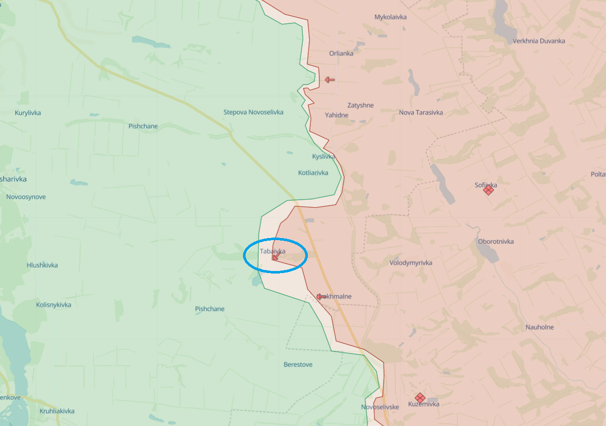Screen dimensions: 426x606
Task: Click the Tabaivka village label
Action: tap(272, 251)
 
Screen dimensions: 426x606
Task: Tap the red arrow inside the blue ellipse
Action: tap(276, 256)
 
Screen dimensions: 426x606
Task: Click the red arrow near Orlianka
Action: tap(330, 80)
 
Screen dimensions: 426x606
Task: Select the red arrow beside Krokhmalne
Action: tap(321, 296)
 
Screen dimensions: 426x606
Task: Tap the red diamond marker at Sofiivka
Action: tap(488, 190)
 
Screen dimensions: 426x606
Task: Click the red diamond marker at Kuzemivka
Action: tap(420, 398)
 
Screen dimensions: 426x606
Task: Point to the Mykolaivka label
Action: tap(390, 17)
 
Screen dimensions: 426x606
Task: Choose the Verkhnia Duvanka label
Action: tap(539, 41)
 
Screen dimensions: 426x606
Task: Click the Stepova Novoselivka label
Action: tap(253, 112)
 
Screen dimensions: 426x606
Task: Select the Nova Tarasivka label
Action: tap(421, 112)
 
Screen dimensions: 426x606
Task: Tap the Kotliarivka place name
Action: tap(313, 173)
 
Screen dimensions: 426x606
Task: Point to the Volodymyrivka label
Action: tap(411, 263)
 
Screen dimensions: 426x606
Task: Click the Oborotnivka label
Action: tap(496, 241)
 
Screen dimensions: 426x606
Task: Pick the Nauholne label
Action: tap(539, 327)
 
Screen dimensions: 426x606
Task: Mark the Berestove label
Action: tap(298, 365)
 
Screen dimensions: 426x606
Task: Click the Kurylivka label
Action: tap(28, 112)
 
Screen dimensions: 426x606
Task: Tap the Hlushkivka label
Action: tap(42, 265)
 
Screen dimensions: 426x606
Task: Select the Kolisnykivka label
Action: tap(53, 305)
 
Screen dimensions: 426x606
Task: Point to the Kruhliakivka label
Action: tap(57, 411)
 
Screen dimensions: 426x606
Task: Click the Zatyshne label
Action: tap(360, 105)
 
